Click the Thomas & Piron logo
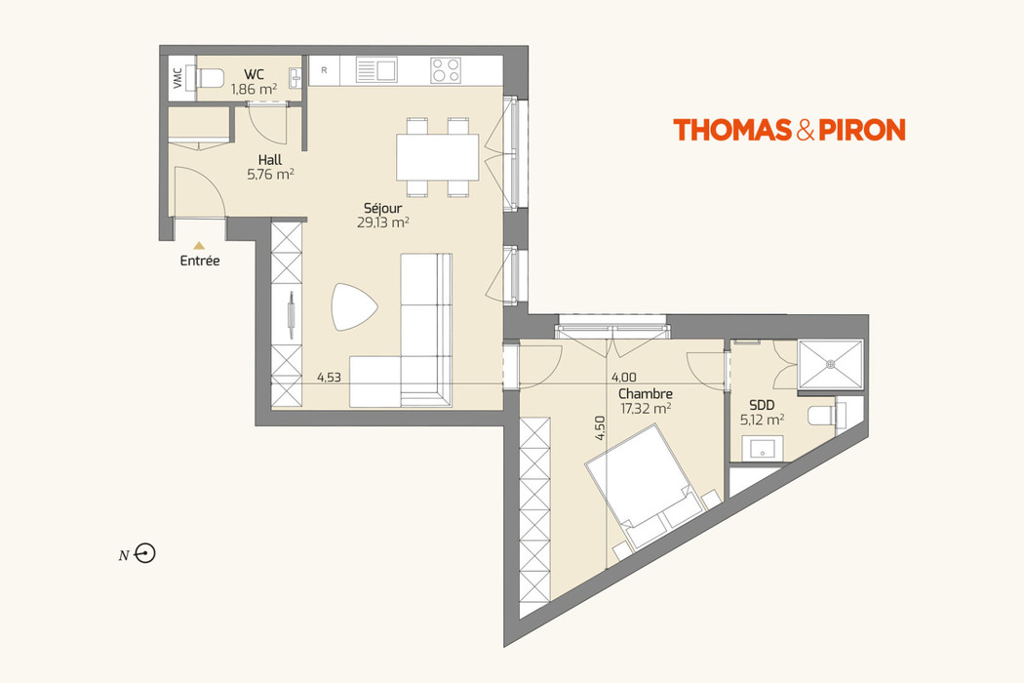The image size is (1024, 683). coord(789,130)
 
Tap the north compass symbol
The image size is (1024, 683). coord(146,554)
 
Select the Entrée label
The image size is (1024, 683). coord(199,261)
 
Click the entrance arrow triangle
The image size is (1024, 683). coord(199,246)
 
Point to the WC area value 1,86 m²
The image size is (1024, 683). coord(254,89)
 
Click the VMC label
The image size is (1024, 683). coord(177,79)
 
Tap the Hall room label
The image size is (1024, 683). coord(271,160)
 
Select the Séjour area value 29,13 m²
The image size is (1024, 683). coord(383,222)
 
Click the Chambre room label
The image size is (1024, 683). coord(645,394)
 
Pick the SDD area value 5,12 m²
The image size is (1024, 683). coord(763,421)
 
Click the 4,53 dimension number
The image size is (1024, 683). coord(329,377)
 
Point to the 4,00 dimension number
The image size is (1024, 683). coord(623,377)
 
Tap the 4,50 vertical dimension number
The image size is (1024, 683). coord(601,429)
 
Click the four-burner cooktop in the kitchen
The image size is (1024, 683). coord(446,70)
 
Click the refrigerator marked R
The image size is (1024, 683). coord(324,70)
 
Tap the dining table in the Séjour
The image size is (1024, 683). coord(437,157)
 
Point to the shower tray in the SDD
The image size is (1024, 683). coord(830,363)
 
